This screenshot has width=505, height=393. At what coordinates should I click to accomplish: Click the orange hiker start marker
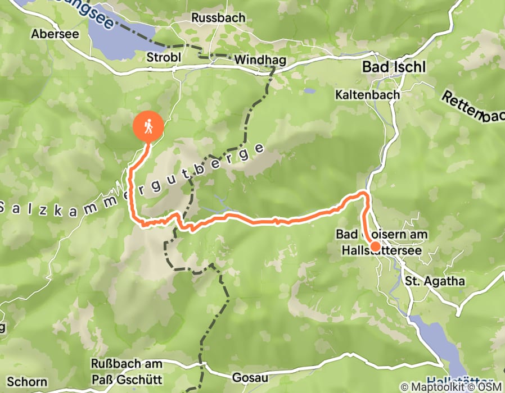(x=148, y=127)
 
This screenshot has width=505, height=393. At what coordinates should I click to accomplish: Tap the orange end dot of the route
(x=375, y=246)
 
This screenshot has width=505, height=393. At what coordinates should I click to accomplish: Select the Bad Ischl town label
(x=394, y=67)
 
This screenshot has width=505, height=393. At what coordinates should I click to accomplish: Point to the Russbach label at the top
(x=218, y=18)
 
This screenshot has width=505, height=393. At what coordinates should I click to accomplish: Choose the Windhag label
(x=260, y=60)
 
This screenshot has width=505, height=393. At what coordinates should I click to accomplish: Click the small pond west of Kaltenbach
(x=309, y=90)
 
